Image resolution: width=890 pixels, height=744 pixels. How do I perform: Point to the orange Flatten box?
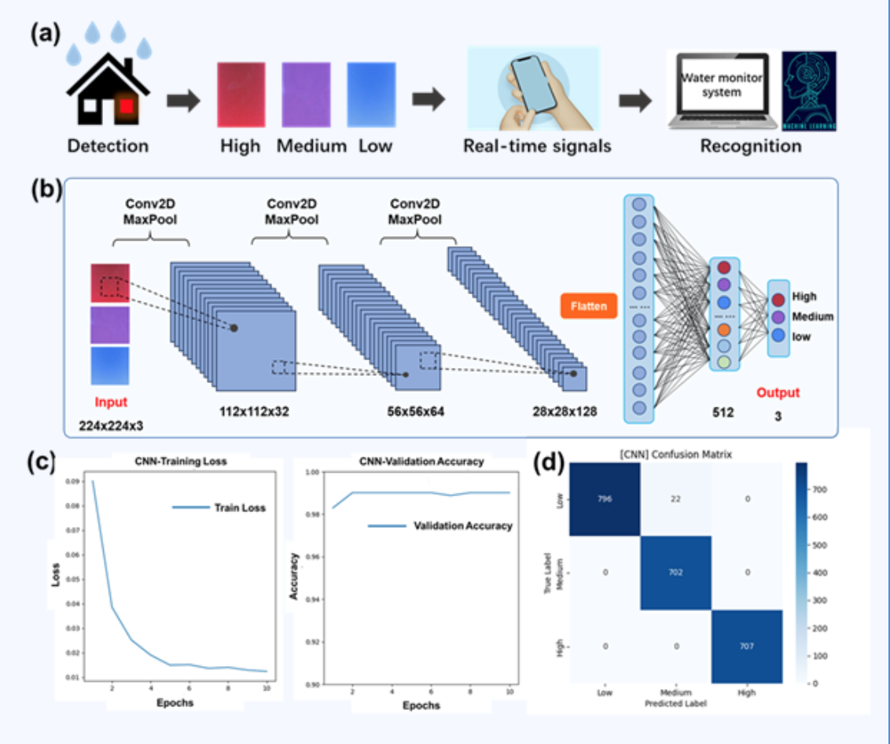588,306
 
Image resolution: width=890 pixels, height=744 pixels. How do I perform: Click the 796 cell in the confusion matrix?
603,499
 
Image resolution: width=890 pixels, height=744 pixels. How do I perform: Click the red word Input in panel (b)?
111,403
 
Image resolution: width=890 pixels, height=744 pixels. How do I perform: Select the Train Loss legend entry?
240,508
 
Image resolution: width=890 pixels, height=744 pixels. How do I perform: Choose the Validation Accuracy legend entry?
463,525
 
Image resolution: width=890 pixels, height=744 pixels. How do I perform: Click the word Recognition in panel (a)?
751,146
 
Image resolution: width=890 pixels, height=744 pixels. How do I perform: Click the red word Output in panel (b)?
778,392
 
